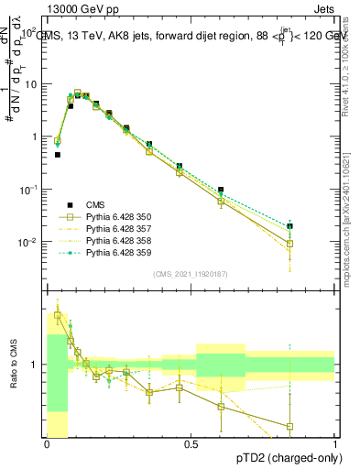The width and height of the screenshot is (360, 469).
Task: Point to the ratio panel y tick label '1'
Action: (x=37, y=365)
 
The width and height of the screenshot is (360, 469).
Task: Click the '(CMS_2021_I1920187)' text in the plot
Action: (x=191, y=274)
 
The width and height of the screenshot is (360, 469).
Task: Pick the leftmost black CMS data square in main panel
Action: (x=58, y=155)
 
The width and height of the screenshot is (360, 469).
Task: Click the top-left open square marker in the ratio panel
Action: (x=58, y=315)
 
